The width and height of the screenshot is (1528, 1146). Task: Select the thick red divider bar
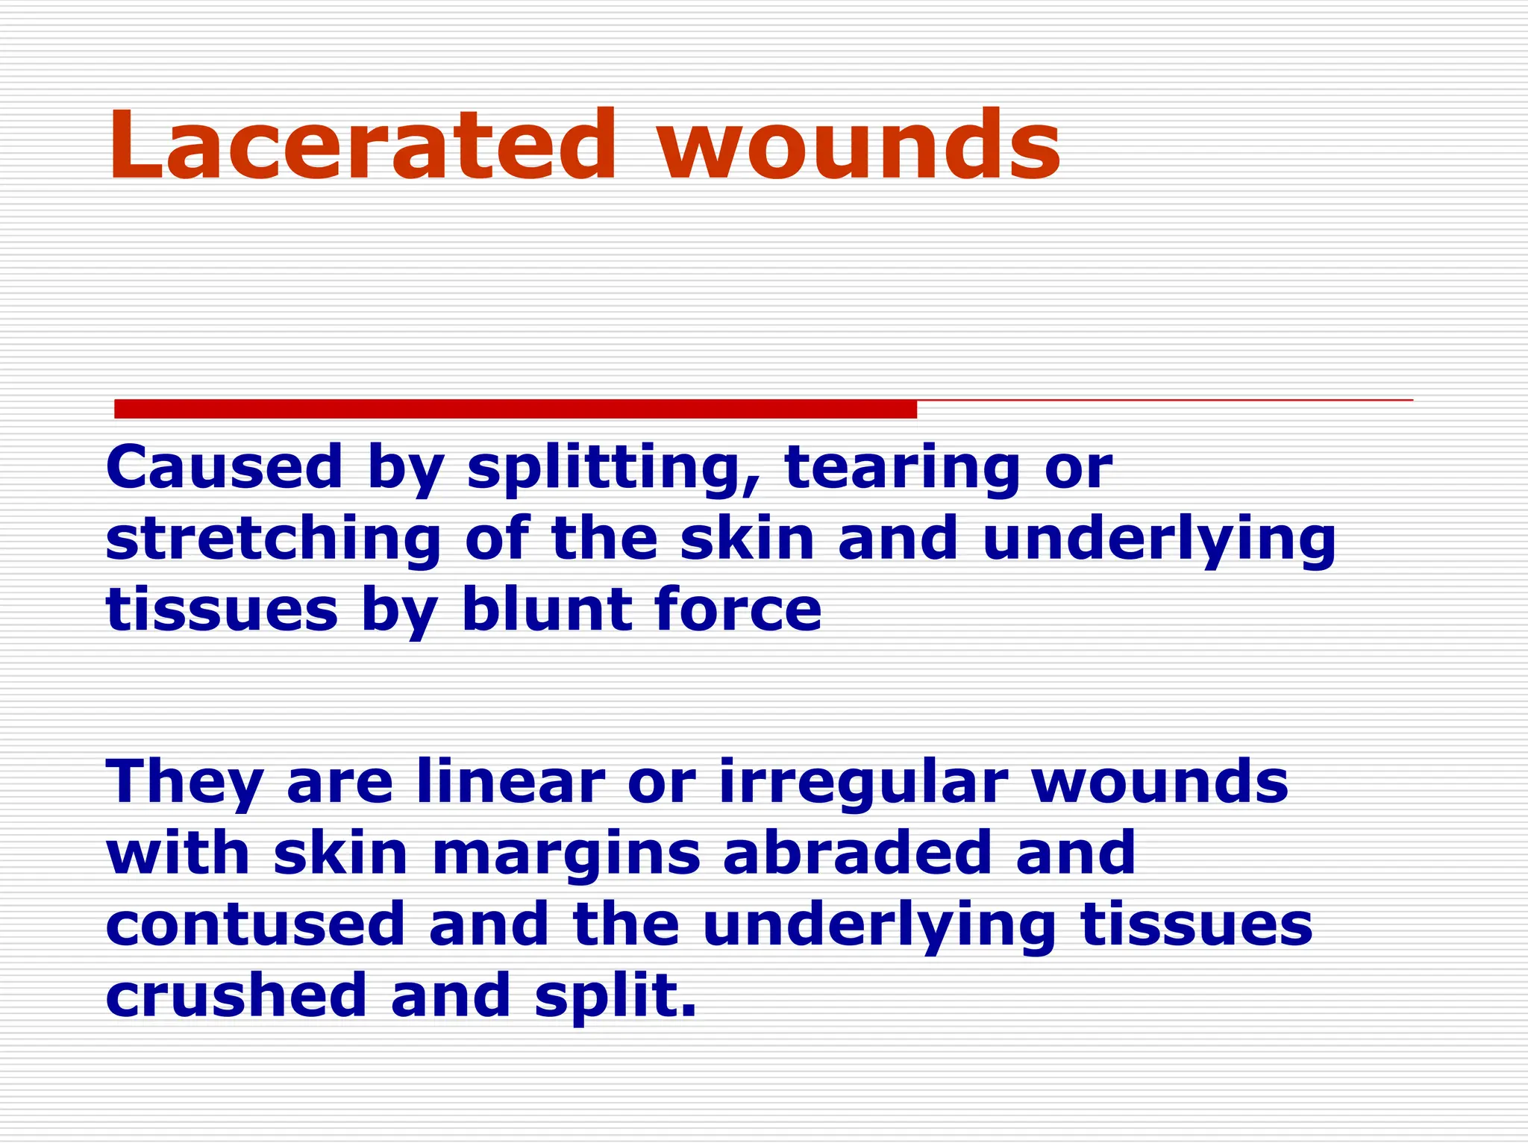point(515,409)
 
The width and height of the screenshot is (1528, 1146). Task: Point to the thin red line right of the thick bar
point(1164,401)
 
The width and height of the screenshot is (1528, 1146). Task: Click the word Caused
point(224,468)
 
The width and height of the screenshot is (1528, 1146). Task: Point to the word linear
point(510,781)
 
